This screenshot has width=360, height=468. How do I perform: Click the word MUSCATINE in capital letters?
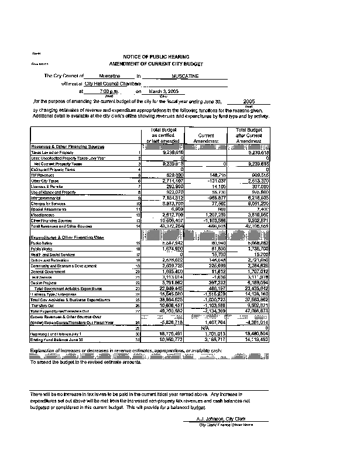tap(186, 76)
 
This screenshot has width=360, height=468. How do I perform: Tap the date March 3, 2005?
tap(161, 92)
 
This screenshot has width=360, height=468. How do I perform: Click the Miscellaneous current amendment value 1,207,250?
tap(214, 216)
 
